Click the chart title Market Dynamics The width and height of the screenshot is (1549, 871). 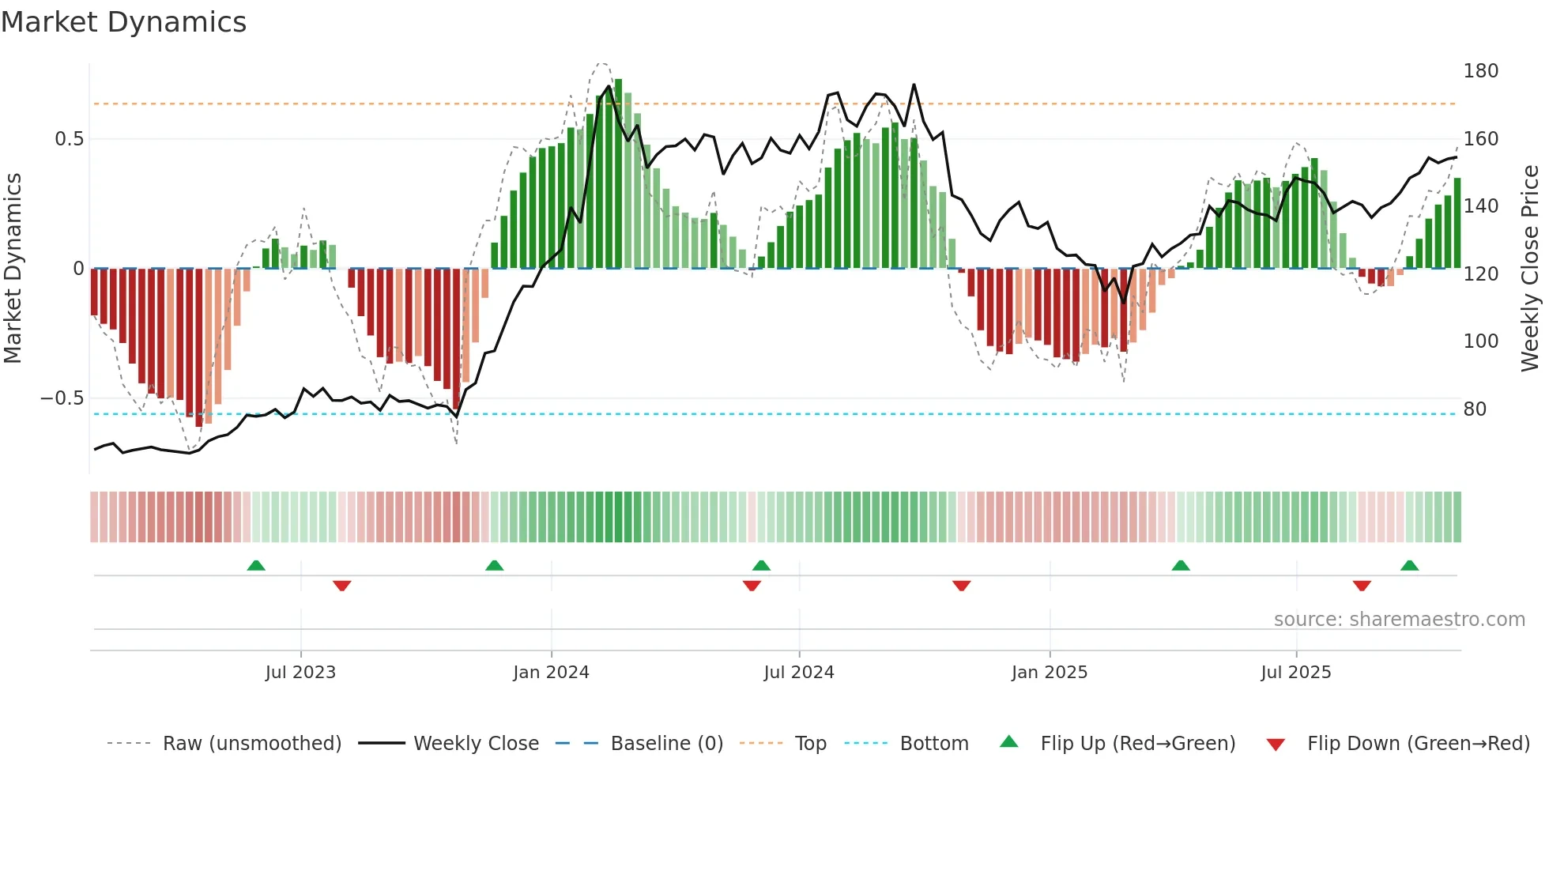pos(124,22)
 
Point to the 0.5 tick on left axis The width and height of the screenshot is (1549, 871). pos(69,139)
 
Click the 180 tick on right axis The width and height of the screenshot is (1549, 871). pos(1480,71)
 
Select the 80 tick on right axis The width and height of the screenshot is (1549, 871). pos(1475,409)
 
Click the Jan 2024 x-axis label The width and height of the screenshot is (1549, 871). pos(551,673)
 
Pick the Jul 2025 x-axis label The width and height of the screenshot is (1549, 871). pos(1295,673)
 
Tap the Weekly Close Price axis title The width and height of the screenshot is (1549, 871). pos(1530,269)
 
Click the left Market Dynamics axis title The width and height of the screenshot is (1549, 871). pos(13,269)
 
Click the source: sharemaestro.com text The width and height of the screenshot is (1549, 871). pos(1399,620)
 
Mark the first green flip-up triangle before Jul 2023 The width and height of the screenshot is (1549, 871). pos(256,565)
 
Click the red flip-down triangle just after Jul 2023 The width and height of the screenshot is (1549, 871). pos(341,586)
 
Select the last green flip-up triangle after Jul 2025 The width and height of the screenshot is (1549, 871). pos(1409,565)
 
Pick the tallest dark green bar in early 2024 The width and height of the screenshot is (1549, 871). pos(618,174)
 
